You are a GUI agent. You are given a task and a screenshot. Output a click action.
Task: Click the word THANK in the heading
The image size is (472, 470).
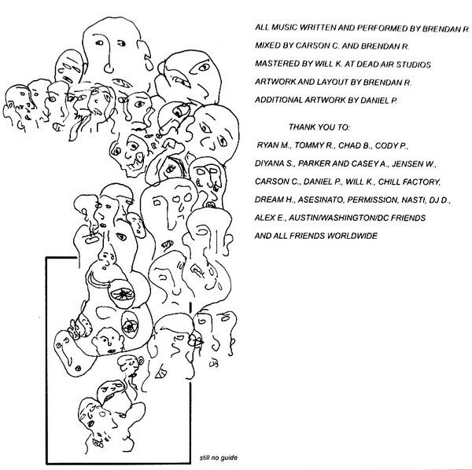point(304,127)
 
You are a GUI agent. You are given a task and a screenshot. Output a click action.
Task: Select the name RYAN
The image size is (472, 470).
point(270,145)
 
